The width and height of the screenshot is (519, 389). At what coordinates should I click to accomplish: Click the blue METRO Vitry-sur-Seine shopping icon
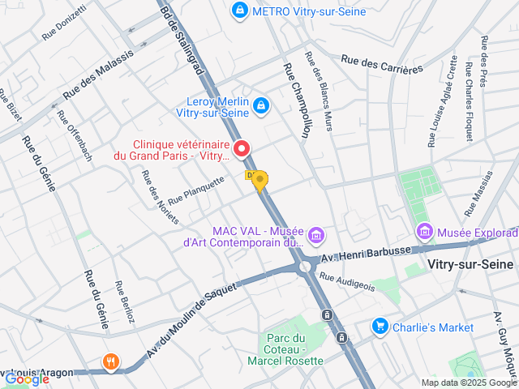coord(239,11)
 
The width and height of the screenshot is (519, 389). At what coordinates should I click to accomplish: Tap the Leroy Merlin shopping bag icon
coord(261,105)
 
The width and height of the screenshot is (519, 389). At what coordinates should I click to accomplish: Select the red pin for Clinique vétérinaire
coord(242,148)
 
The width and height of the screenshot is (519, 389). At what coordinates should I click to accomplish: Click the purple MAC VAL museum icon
coord(317,236)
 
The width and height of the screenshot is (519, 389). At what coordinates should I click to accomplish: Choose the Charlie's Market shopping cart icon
coord(379,327)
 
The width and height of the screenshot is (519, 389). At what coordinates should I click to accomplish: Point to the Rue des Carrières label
coord(382,64)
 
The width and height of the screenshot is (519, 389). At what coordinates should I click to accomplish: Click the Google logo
coord(27,378)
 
